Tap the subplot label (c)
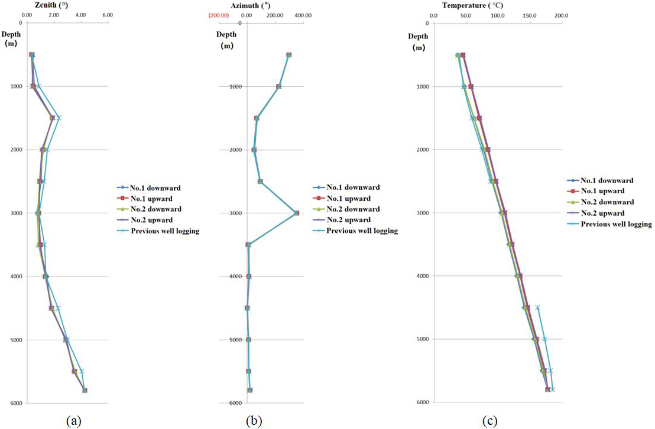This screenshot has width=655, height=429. click(x=489, y=421)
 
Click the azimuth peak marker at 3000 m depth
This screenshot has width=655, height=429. click(x=296, y=213)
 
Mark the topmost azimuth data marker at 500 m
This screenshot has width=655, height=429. click(x=288, y=55)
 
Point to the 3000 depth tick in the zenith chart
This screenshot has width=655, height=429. click(x=9, y=213)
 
